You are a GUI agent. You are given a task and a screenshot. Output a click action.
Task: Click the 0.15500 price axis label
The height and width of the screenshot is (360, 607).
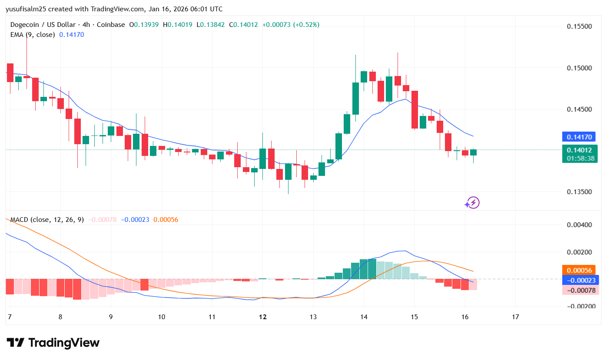click(579, 26)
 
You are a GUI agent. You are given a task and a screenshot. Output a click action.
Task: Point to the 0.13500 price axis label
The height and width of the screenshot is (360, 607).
click(579, 192)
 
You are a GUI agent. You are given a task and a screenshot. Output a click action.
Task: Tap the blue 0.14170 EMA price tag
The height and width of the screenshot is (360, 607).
click(580, 137)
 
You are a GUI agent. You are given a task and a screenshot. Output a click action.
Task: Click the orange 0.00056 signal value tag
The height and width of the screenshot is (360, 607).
click(580, 270)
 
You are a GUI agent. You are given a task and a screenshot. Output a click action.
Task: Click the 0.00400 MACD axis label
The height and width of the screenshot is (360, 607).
click(579, 225)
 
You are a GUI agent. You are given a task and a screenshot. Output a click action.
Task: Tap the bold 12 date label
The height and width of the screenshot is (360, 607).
click(262, 317)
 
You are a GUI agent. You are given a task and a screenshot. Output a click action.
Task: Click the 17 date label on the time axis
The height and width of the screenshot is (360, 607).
click(516, 317)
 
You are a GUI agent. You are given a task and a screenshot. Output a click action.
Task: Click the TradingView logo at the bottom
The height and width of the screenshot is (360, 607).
click(53, 343)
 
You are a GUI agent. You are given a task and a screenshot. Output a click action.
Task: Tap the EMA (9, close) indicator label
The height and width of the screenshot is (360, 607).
click(33, 34)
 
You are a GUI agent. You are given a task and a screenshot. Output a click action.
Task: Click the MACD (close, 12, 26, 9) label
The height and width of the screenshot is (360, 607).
click(47, 220)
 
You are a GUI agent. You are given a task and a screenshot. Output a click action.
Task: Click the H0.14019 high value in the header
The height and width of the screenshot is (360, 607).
click(178, 25)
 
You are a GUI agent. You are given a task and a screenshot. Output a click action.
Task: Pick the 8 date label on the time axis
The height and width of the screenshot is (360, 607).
click(60, 317)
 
